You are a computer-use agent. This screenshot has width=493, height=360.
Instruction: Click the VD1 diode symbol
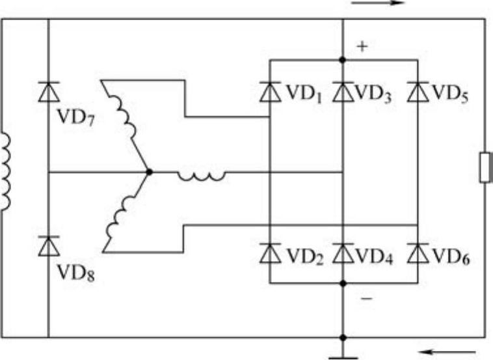[x=269, y=92]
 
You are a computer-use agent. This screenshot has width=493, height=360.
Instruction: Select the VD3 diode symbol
[x=343, y=92]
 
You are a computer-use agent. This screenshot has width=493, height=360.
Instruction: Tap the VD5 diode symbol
[x=417, y=92]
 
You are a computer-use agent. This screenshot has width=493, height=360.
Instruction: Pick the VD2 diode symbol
[x=269, y=253]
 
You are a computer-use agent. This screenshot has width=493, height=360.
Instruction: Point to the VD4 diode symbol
[x=343, y=253]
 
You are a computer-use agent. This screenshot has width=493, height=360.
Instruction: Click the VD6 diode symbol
[x=417, y=253]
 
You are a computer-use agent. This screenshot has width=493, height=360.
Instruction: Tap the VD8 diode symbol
[x=49, y=245]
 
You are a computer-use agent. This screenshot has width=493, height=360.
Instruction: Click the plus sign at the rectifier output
[x=362, y=48]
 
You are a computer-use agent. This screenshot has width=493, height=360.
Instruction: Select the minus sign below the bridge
[x=366, y=298]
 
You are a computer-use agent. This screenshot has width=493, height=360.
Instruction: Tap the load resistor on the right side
[x=485, y=167]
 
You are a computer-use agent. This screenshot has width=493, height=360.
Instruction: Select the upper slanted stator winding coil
[x=126, y=120]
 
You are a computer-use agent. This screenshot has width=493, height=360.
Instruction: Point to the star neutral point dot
[x=149, y=172]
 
